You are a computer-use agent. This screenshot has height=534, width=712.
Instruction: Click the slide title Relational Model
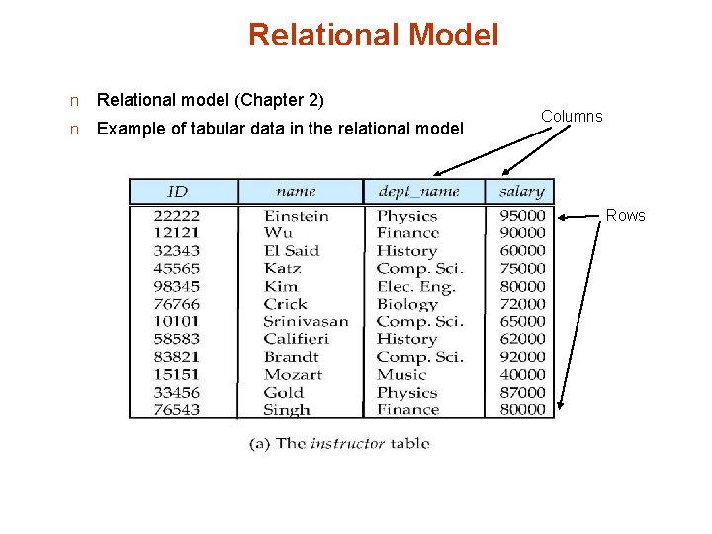pyautogui.click(x=373, y=36)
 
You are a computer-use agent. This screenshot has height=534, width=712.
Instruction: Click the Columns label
pyautogui.click(x=572, y=117)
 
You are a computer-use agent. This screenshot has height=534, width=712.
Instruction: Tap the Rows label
pyautogui.click(x=625, y=216)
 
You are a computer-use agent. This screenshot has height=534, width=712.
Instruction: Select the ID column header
pyautogui.click(x=178, y=192)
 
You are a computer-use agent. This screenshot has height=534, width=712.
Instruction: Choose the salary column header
pyautogui.click(x=521, y=192)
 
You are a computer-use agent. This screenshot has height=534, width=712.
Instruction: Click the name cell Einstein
pyautogui.click(x=297, y=216)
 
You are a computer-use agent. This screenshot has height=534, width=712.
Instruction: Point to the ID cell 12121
pyautogui.click(x=177, y=233)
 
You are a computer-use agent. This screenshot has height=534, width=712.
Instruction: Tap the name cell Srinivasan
pyautogui.click(x=306, y=321)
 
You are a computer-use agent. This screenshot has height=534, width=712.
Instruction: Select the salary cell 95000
pyautogui.click(x=522, y=216)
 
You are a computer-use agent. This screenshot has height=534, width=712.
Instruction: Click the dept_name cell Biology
pyautogui.click(x=406, y=304)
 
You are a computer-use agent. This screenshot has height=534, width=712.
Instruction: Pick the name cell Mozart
pyautogui.click(x=293, y=375)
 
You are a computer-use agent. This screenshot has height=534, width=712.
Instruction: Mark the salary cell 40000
pyautogui.click(x=522, y=375)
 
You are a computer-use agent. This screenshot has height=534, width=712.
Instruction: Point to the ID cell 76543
pyautogui.click(x=177, y=410)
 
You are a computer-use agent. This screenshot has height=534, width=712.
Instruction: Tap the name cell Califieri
pyautogui.click(x=297, y=339)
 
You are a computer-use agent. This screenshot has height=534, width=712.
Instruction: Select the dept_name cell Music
pyautogui.click(x=400, y=375)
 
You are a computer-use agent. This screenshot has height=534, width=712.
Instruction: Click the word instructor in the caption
pyautogui.click(x=347, y=444)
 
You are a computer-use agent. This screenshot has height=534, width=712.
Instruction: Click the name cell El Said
pyautogui.click(x=292, y=251)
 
